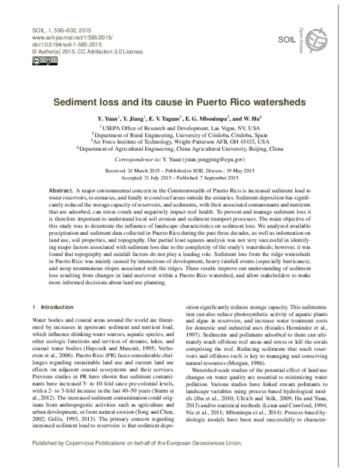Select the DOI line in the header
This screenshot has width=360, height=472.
[58, 44]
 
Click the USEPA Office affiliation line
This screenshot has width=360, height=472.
[179, 129]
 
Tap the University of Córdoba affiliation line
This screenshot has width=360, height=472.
[179, 136]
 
